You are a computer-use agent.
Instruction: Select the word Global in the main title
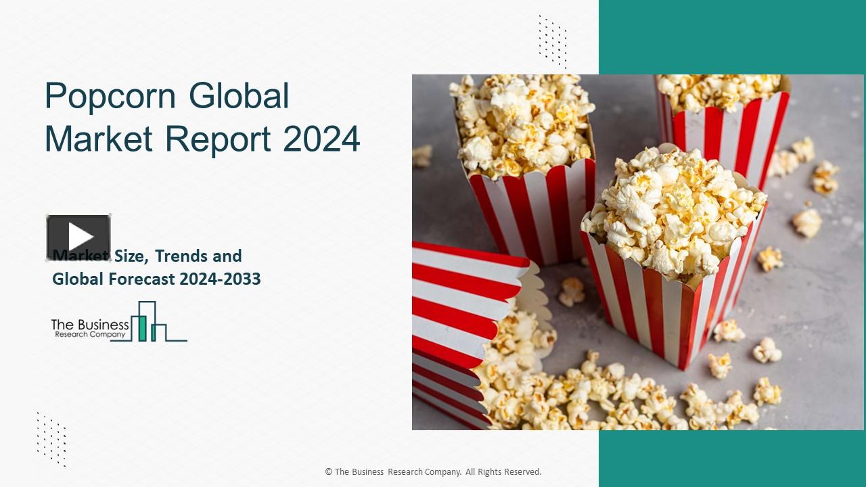tap(239, 95)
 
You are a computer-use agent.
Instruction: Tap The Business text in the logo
tap(90, 325)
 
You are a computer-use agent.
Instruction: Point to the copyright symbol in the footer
tap(328, 472)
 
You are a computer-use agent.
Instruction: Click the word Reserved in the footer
tap(521, 472)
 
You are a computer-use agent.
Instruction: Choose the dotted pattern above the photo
tap(552, 41)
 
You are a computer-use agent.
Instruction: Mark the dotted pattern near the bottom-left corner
tap(51, 439)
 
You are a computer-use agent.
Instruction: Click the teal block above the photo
tap(731, 37)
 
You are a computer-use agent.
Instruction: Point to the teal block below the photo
tap(731, 458)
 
